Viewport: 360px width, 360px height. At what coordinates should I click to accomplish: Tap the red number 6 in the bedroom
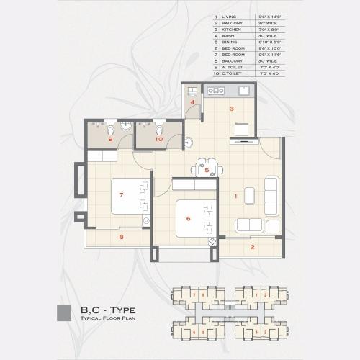[188, 219]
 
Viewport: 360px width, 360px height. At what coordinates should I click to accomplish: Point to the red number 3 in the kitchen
[232, 109]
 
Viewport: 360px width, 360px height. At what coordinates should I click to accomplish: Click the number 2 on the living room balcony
[252, 247]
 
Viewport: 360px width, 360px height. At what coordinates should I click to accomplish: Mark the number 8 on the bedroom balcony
[121, 237]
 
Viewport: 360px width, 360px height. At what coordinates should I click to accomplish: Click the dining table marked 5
[207, 170]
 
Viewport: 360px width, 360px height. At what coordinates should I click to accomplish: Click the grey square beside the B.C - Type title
[63, 312]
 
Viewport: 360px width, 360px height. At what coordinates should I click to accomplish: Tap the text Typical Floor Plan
[108, 317]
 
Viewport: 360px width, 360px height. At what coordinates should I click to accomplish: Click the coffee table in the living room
[249, 195]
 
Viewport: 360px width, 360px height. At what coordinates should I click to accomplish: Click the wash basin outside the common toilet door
[189, 143]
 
